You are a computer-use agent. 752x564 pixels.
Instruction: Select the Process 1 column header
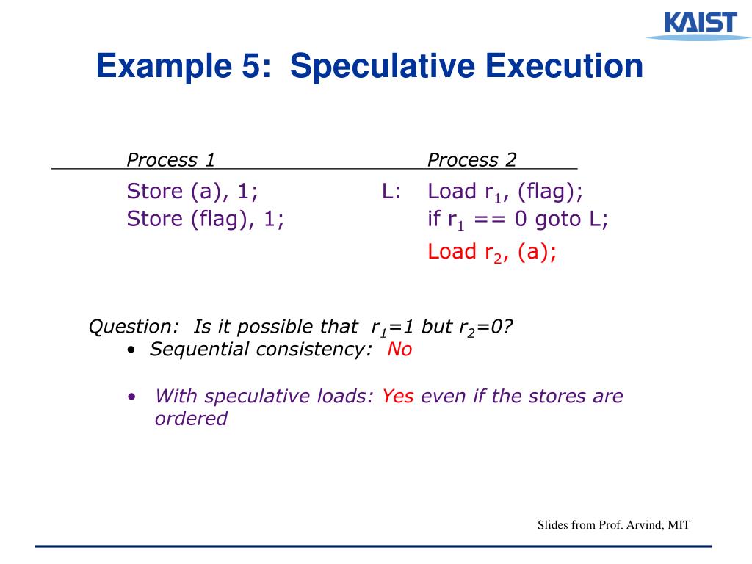pos(171,160)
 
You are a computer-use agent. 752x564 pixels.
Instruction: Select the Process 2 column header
pos(472,160)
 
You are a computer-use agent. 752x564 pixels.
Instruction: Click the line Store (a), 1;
pos(192,192)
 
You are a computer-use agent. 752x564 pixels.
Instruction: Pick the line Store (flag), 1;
pos(206,219)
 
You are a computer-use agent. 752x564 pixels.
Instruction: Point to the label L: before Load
pos(391,192)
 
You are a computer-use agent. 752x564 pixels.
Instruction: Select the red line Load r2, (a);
pos(492,252)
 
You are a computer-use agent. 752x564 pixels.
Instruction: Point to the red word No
pos(399,350)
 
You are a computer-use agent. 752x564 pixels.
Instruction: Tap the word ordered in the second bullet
pos(191,419)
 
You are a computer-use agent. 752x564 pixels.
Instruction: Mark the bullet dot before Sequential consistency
pos(131,350)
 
